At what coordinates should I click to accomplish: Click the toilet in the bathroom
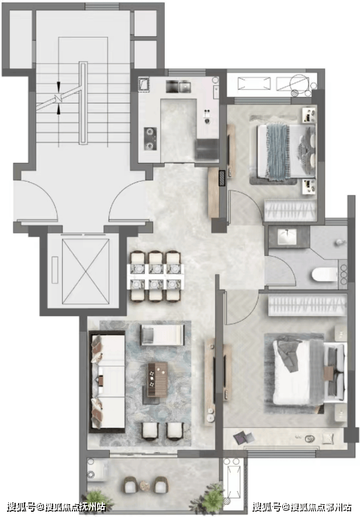(325, 275)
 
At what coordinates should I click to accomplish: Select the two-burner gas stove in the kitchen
(150, 138)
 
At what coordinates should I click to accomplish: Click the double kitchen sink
(178, 86)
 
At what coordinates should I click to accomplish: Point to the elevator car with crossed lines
(85, 271)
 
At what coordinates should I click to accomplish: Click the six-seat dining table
(155, 276)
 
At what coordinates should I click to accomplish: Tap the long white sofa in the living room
(108, 382)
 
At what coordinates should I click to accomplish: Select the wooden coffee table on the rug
(157, 379)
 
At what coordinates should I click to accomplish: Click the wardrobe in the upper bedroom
(290, 210)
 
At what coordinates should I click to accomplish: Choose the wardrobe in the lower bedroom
(307, 305)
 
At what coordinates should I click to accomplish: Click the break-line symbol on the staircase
(58, 98)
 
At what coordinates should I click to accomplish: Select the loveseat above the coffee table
(162, 335)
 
